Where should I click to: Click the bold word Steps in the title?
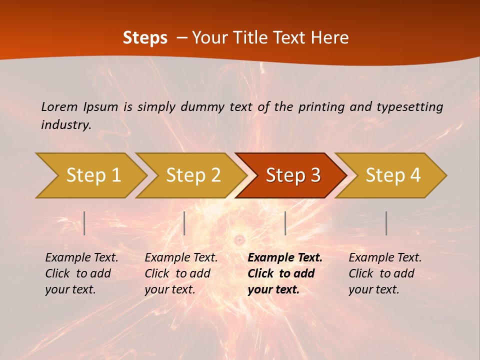pyautogui.click(x=145, y=38)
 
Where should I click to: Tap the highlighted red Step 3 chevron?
pyautogui.click(x=293, y=175)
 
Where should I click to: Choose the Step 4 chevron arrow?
pyautogui.click(x=393, y=175)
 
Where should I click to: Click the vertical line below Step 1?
pyautogui.click(x=84, y=223)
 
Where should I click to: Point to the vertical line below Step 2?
pyautogui.click(x=184, y=223)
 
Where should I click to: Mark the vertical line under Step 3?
pyautogui.click(x=285, y=223)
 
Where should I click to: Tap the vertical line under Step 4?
pyautogui.click(x=386, y=223)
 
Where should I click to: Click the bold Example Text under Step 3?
pyautogui.click(x=285, y=273)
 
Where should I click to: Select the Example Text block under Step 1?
pyautogui.click(x=81, y=273)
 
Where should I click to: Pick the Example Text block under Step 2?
pyautogui.click(x=181, y=273)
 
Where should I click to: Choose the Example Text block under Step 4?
pyautogui.click(x=385, y=273)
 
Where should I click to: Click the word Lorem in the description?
pyautogui.click(x=59, y=106)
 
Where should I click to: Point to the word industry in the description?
pyautogui.click(x=66, y=125)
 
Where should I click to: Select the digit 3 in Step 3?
pyautogui.click(x=314, y=175)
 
